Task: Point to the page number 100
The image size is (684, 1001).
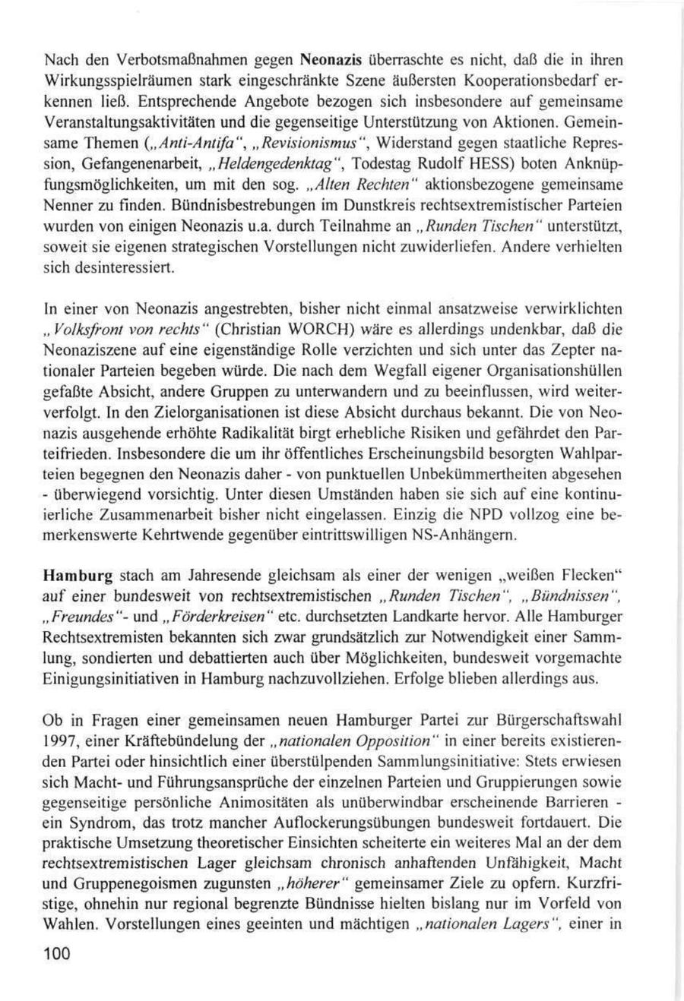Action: pos(57,955)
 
